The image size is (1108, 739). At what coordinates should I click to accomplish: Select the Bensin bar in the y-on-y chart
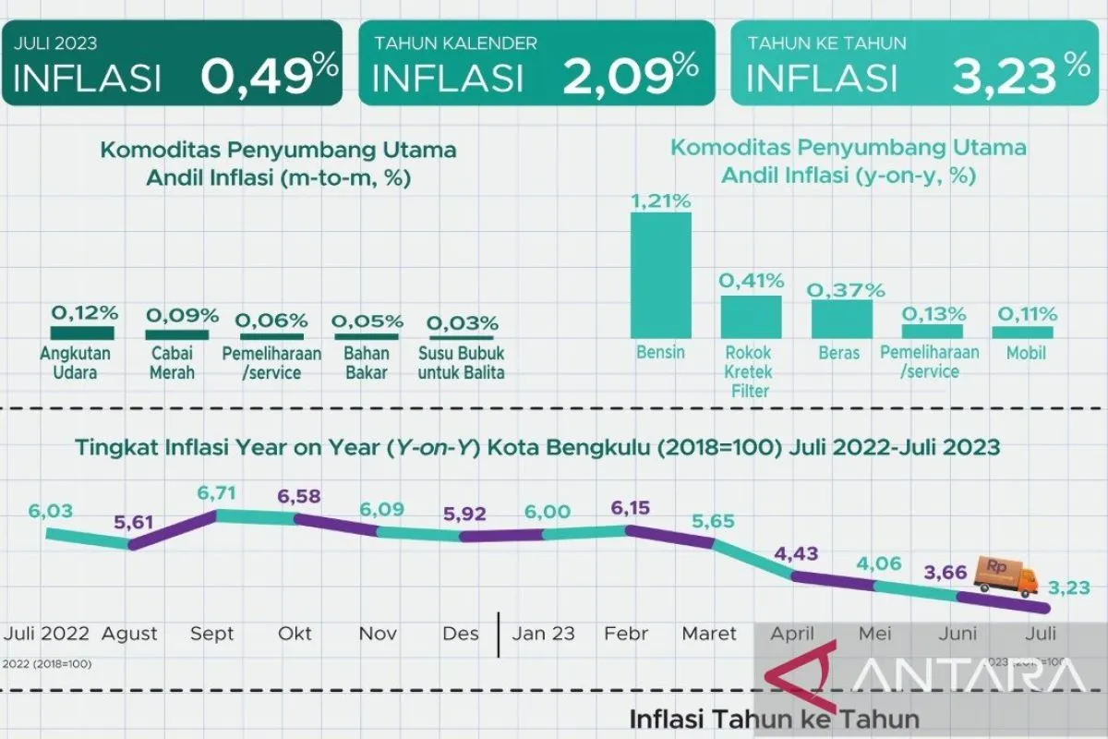pyautogui.click(x=660, y=275)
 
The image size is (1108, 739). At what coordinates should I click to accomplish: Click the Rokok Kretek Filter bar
pyautogui.click(x=751, y=316)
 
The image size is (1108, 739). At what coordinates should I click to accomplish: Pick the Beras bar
pyautogui.click(x=841, y=318)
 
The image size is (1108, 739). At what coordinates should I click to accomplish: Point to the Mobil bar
pyautogui.click(x=1022, y=332)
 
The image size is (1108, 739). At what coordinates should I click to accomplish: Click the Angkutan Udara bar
pyautogui.click(x=82, y=333)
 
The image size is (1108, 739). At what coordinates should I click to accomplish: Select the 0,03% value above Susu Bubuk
pyautogui.click(x=463, y=323)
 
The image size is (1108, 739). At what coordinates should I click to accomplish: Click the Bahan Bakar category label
pyautogui.click(x=366, y=363)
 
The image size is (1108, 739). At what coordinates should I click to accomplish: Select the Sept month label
pyautogui.click(x=211, y=635)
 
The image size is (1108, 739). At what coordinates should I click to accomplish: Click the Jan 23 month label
pyautogui.click(x=544, y=635)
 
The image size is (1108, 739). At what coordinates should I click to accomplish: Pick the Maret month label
pyautogui.click(x=709, y=635)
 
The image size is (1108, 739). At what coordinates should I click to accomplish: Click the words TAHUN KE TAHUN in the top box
pyautogui.click(x=813, y=42)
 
